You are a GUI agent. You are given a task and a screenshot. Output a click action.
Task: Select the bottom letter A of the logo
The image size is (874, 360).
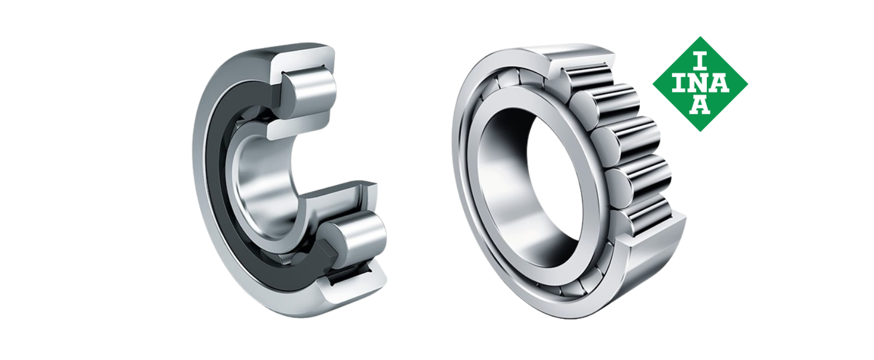click(700, 105)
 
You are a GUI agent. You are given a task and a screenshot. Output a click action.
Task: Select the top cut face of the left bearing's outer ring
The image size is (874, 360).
click(303, 59)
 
